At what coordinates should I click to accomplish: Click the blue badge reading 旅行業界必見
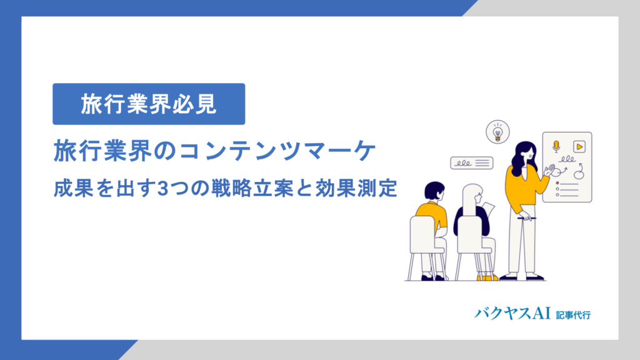(149, 104)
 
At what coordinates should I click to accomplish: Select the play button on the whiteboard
(579, 147)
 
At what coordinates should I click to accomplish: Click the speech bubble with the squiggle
(471, 163)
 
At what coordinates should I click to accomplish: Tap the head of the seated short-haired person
(433, 190)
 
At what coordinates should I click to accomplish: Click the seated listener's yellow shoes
(487, 277)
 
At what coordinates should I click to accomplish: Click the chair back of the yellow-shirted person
(422, 234)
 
